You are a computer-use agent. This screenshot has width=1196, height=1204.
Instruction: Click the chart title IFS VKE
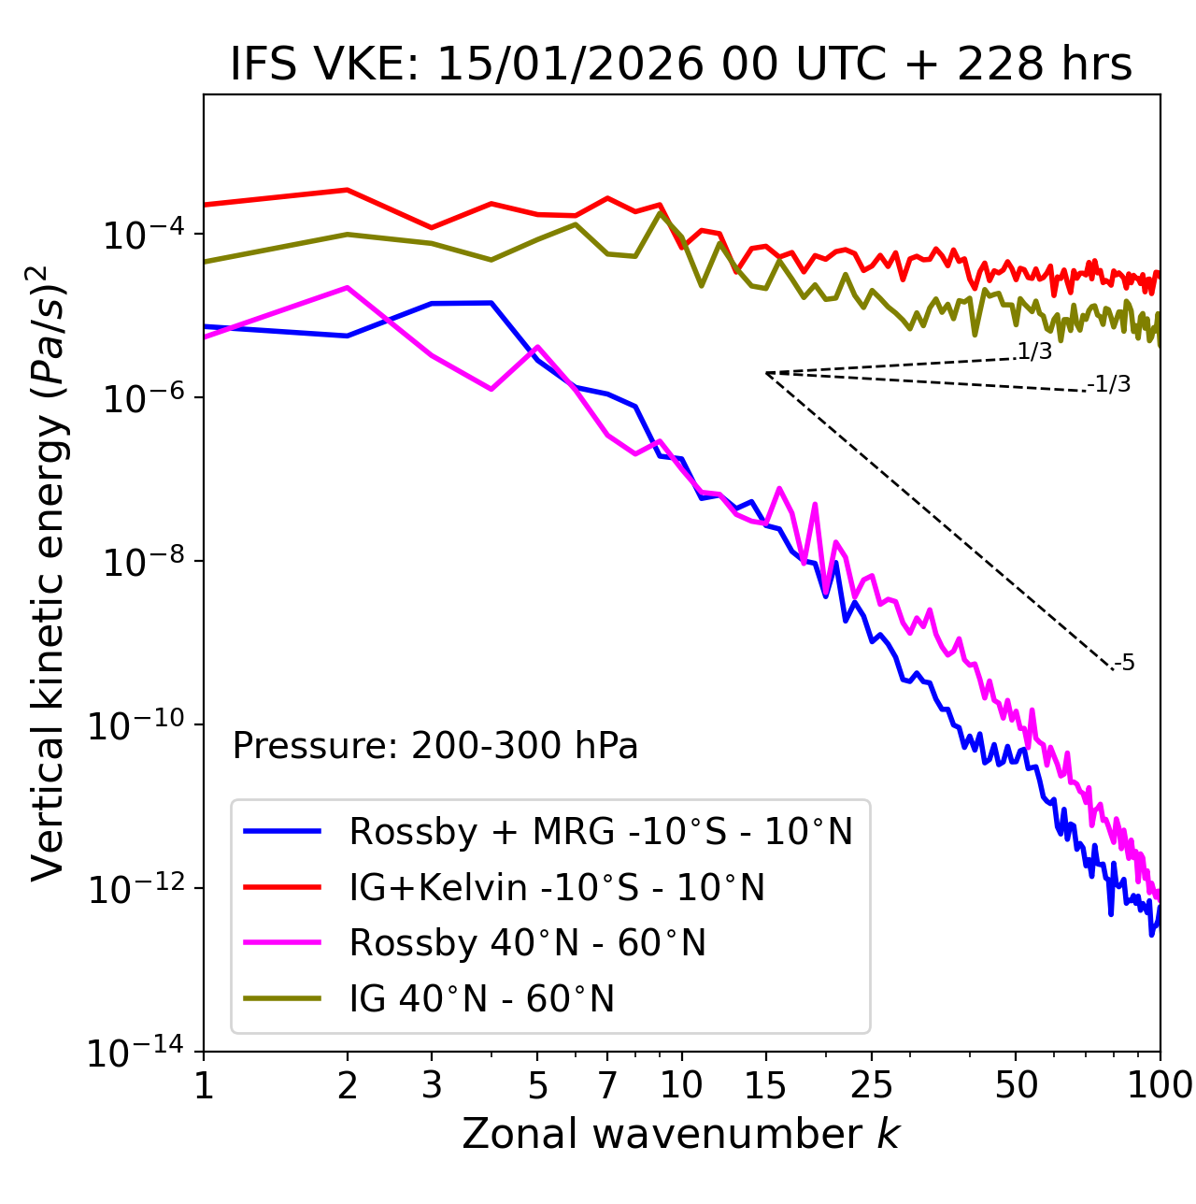point(680,65)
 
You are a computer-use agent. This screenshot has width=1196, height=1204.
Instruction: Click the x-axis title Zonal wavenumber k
point(680,1134)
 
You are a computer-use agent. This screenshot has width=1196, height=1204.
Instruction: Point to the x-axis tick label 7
point(607,1085)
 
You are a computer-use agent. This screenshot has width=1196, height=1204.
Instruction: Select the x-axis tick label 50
point(1016,1085)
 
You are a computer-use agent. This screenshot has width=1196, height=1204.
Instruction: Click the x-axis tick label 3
point(432,1085)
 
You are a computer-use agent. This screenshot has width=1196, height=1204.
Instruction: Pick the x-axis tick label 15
point(765,1085)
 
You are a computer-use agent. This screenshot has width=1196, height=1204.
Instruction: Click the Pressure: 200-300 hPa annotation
point(434,746)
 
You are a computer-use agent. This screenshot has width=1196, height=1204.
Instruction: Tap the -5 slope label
point(1124,663)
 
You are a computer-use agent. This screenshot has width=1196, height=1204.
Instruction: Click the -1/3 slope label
point(1109,383)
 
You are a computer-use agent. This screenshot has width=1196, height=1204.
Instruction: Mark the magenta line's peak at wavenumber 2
point(348,288)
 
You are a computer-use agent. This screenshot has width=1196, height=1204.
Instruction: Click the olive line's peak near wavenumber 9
point(661,212)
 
